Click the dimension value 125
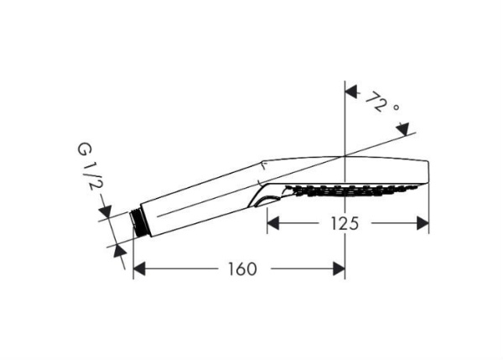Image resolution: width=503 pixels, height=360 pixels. pos(340,222)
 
